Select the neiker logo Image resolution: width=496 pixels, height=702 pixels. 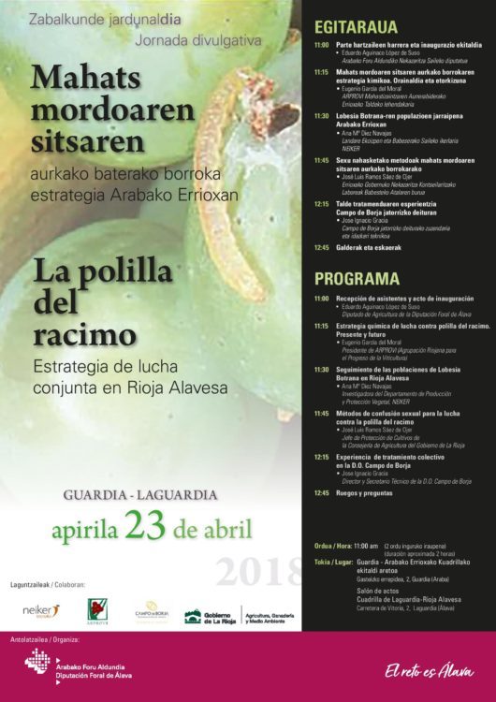[x=40, y=611]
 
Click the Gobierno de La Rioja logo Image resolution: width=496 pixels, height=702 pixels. [x=209, y=617]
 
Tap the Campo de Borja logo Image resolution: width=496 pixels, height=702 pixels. [x=151, y=612]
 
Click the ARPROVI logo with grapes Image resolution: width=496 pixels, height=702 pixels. [x=97, y=611]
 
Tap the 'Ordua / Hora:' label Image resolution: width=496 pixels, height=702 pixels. [x=332, y=545]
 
